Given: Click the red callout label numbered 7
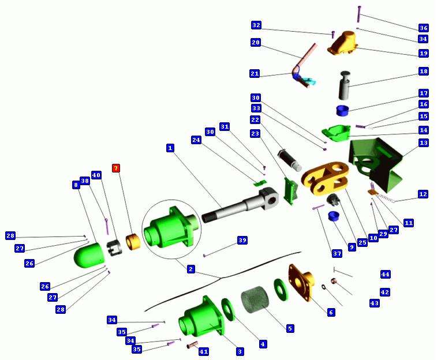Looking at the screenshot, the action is (x=116, y=168).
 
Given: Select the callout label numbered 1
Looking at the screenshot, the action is (x=170, y=148).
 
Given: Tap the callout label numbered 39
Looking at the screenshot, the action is (x=242, y=240).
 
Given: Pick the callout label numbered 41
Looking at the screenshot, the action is (x=204, y=351).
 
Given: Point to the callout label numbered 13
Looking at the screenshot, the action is (x=423, y=142).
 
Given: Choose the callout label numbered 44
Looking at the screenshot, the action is (x=386, y=274).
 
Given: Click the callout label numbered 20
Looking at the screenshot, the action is (x=256, y=43).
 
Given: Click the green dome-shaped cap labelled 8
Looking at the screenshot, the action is (x=89, y=254).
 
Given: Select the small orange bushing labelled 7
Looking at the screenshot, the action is (x=133, y=242).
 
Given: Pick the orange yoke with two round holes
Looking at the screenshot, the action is (x=325, y=178).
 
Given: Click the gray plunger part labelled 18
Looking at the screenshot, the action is (x=346, y=85).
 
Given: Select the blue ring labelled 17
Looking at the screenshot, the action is (x=342, y=110).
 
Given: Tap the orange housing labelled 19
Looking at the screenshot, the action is (x=342, y=44).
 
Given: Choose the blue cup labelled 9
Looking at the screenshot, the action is (x=334, y=216).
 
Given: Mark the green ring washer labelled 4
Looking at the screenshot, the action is (x=228, y=309).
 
